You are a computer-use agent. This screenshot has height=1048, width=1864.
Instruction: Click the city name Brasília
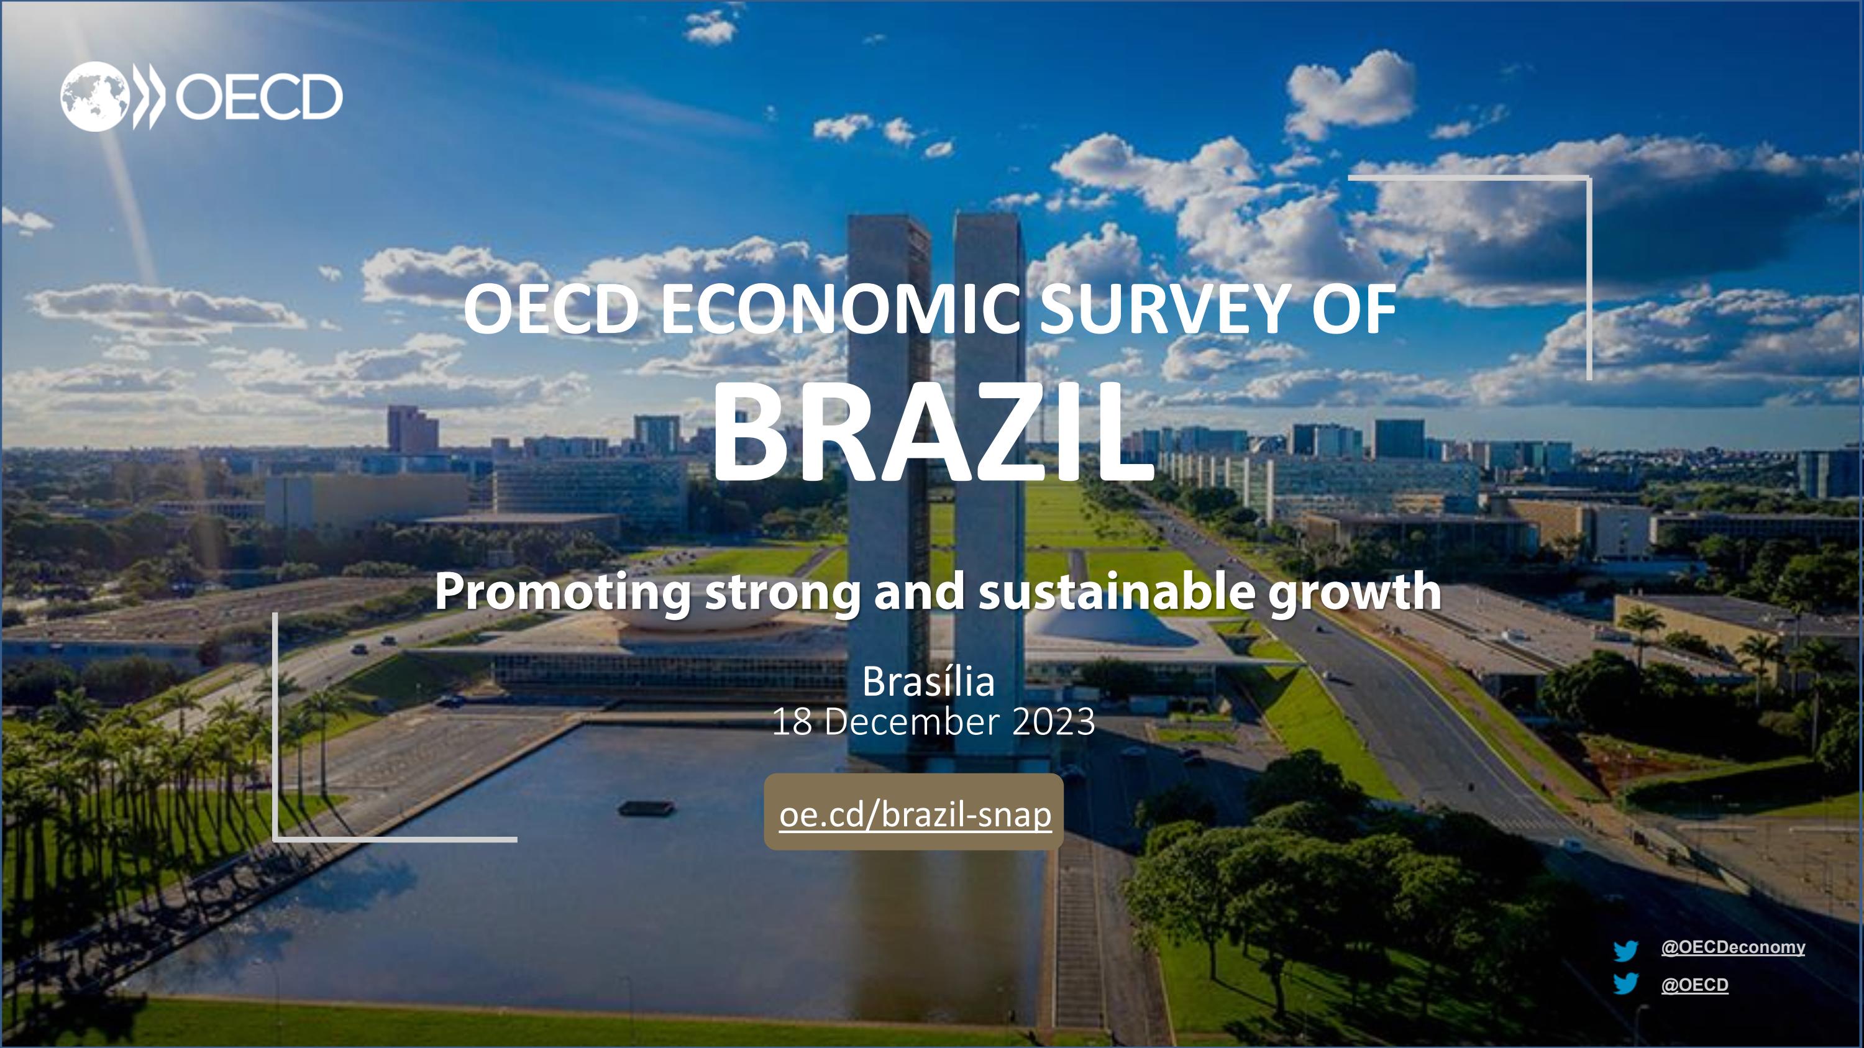(x=928, y=682)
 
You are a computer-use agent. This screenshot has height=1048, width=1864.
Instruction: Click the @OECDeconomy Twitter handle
(x=1732, y=947)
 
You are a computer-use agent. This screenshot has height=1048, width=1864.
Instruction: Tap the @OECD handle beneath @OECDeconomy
(x=1694, y=985)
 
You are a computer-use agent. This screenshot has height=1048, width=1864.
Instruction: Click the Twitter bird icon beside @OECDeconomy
(x=1625, y=950)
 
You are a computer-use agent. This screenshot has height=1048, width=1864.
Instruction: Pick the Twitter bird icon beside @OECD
(x=1625, y=985)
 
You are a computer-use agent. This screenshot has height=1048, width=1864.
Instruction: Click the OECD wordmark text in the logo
(x=258, y=97)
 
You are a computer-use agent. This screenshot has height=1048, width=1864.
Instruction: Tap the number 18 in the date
(x=792, y=722)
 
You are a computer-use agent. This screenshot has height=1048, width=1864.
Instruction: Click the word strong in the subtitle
(x=783, y=591)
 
